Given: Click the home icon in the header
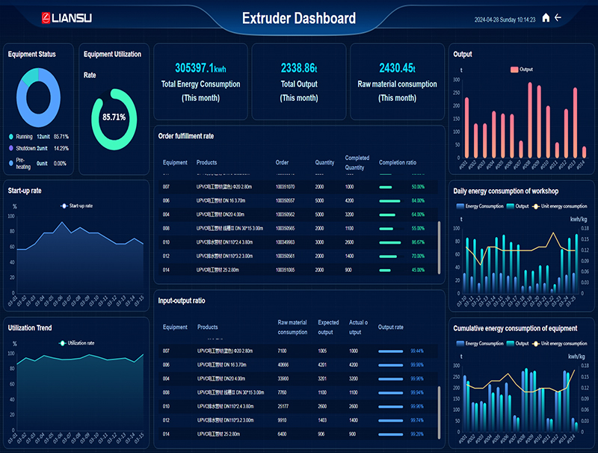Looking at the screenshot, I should (546, 18).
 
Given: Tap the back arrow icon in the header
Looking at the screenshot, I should (558, 18).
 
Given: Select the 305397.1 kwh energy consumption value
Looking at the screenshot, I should (200, 67).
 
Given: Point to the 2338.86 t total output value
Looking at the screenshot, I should (298, 67).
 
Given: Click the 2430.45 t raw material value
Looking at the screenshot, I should (397, 67).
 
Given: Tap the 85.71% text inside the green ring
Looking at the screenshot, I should (114, 117).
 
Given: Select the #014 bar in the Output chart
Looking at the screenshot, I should (584, 152).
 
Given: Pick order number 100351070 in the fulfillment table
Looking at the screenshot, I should (285, 187).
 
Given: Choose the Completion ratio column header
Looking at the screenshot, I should (398, 162).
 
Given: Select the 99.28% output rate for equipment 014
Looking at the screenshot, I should (417, 434).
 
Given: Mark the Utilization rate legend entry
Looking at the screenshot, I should (77, 343).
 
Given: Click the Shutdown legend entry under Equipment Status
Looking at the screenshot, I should (30, 149).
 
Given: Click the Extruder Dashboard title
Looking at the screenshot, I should (298, 18).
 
